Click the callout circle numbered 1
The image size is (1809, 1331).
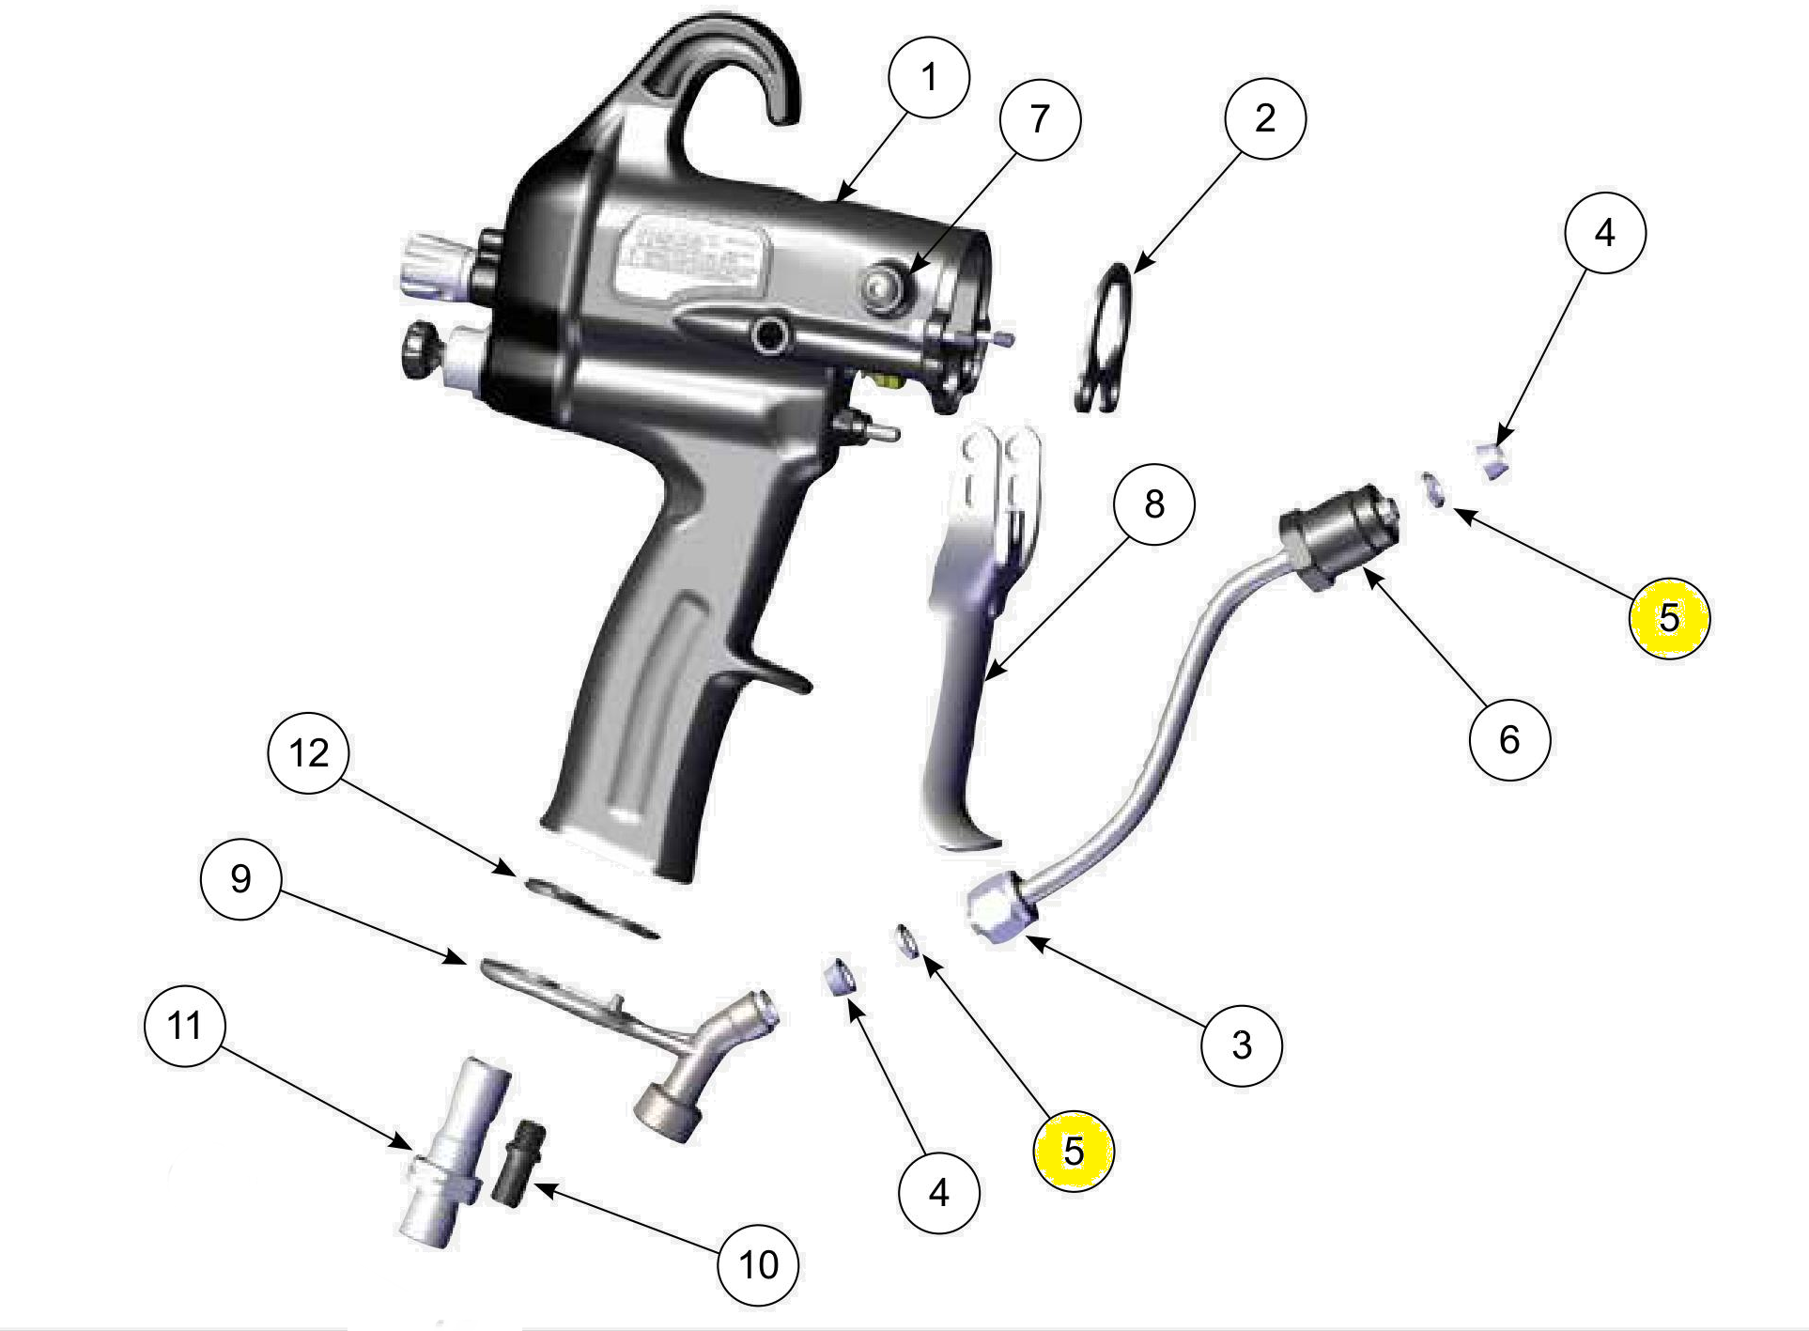pos(928,77)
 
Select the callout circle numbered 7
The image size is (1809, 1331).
pos(1040,119)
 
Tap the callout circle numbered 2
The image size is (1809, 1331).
pos(1265,118)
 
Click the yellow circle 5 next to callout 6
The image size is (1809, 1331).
pos(1669,617)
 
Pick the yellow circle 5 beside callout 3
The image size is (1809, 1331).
pos(1073,1150)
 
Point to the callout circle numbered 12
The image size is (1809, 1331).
pos(309,752)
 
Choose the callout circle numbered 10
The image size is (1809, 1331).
pos(758,1264)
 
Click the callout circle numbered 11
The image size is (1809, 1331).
pos(185,1025)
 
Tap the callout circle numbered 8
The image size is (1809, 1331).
pos(1153,504)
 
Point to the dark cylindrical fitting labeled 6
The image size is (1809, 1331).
pos(1338,535)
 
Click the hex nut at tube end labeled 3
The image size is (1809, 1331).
pos(1000,908)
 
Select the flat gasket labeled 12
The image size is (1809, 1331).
pos(592,906)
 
